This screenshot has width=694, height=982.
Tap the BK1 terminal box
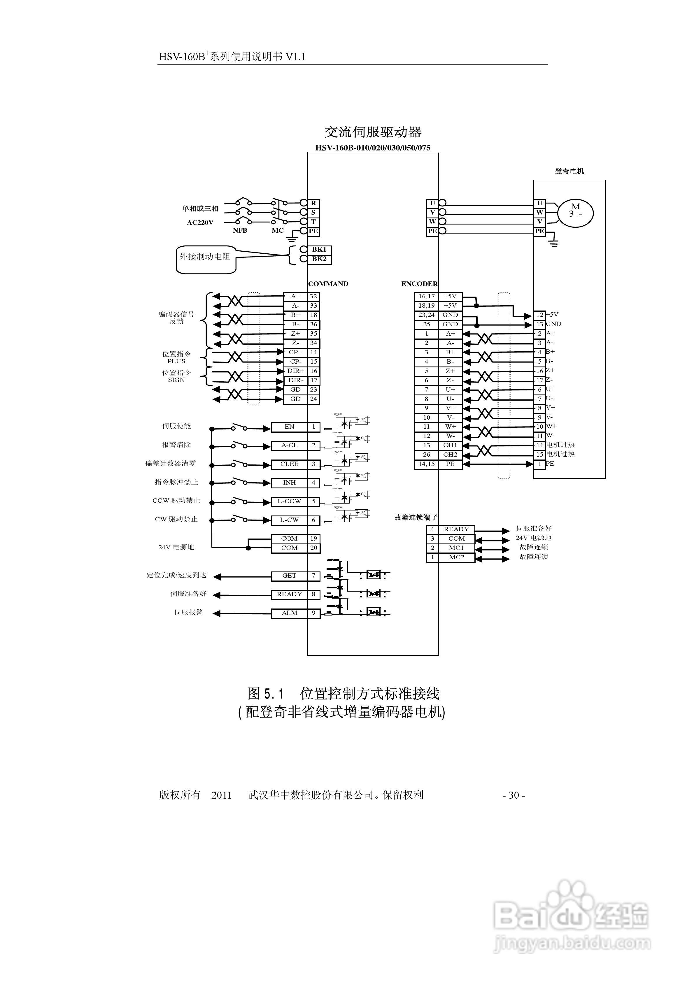click(319, 249)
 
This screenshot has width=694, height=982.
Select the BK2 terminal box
click(319, 259)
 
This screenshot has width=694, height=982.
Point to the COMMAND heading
click(328, 284)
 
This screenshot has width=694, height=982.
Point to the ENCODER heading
click(419, 284)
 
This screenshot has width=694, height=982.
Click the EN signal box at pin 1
click(289, 427)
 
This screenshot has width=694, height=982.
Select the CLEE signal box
click(289, 464)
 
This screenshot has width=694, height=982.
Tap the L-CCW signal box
click(289, 501)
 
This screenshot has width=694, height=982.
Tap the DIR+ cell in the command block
click(296, 371)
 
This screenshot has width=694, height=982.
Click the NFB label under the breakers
click(240, 231)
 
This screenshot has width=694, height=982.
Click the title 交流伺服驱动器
click(373, 132)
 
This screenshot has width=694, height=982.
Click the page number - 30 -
click(514, 795)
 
